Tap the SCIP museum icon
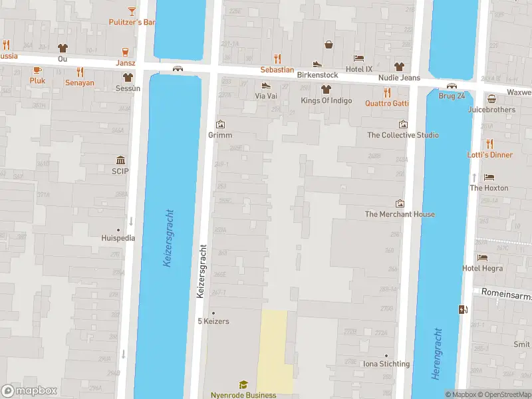[120, 160]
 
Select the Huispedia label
[118, 238]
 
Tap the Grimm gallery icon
[220, 124]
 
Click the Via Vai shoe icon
[266, 85]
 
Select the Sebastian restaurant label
[277, 70]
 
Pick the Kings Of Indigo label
[326, 100]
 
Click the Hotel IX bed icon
[359, 58]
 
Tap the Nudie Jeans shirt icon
[399, 66]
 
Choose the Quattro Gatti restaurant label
[386, 103]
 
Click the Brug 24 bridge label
[452, 96]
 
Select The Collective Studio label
[403, 135]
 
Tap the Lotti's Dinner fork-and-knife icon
[490, 144]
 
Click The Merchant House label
[400, 214]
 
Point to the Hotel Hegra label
[482, 268]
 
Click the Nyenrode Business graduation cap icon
[243, 384]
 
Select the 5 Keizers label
[213, 322]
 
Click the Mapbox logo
[30, 391]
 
